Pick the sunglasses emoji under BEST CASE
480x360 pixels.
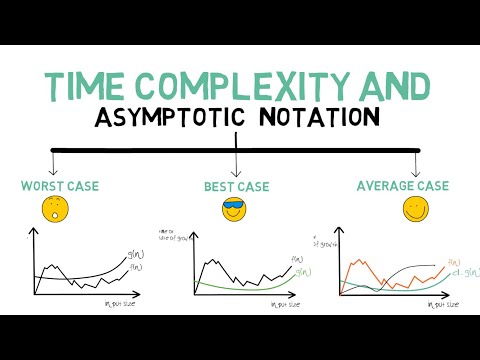pyautogui.click(x=234, y=209)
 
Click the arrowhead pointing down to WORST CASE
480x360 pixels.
pyautogui.click(x=51, y=169)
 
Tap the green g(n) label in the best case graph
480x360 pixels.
pyautogui.click(x=303, y=271)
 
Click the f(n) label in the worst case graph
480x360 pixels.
pyautogui.click(x=136, y=266)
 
